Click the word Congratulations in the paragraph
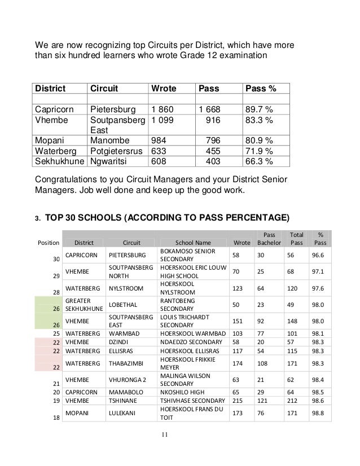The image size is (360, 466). pos(67,179)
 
